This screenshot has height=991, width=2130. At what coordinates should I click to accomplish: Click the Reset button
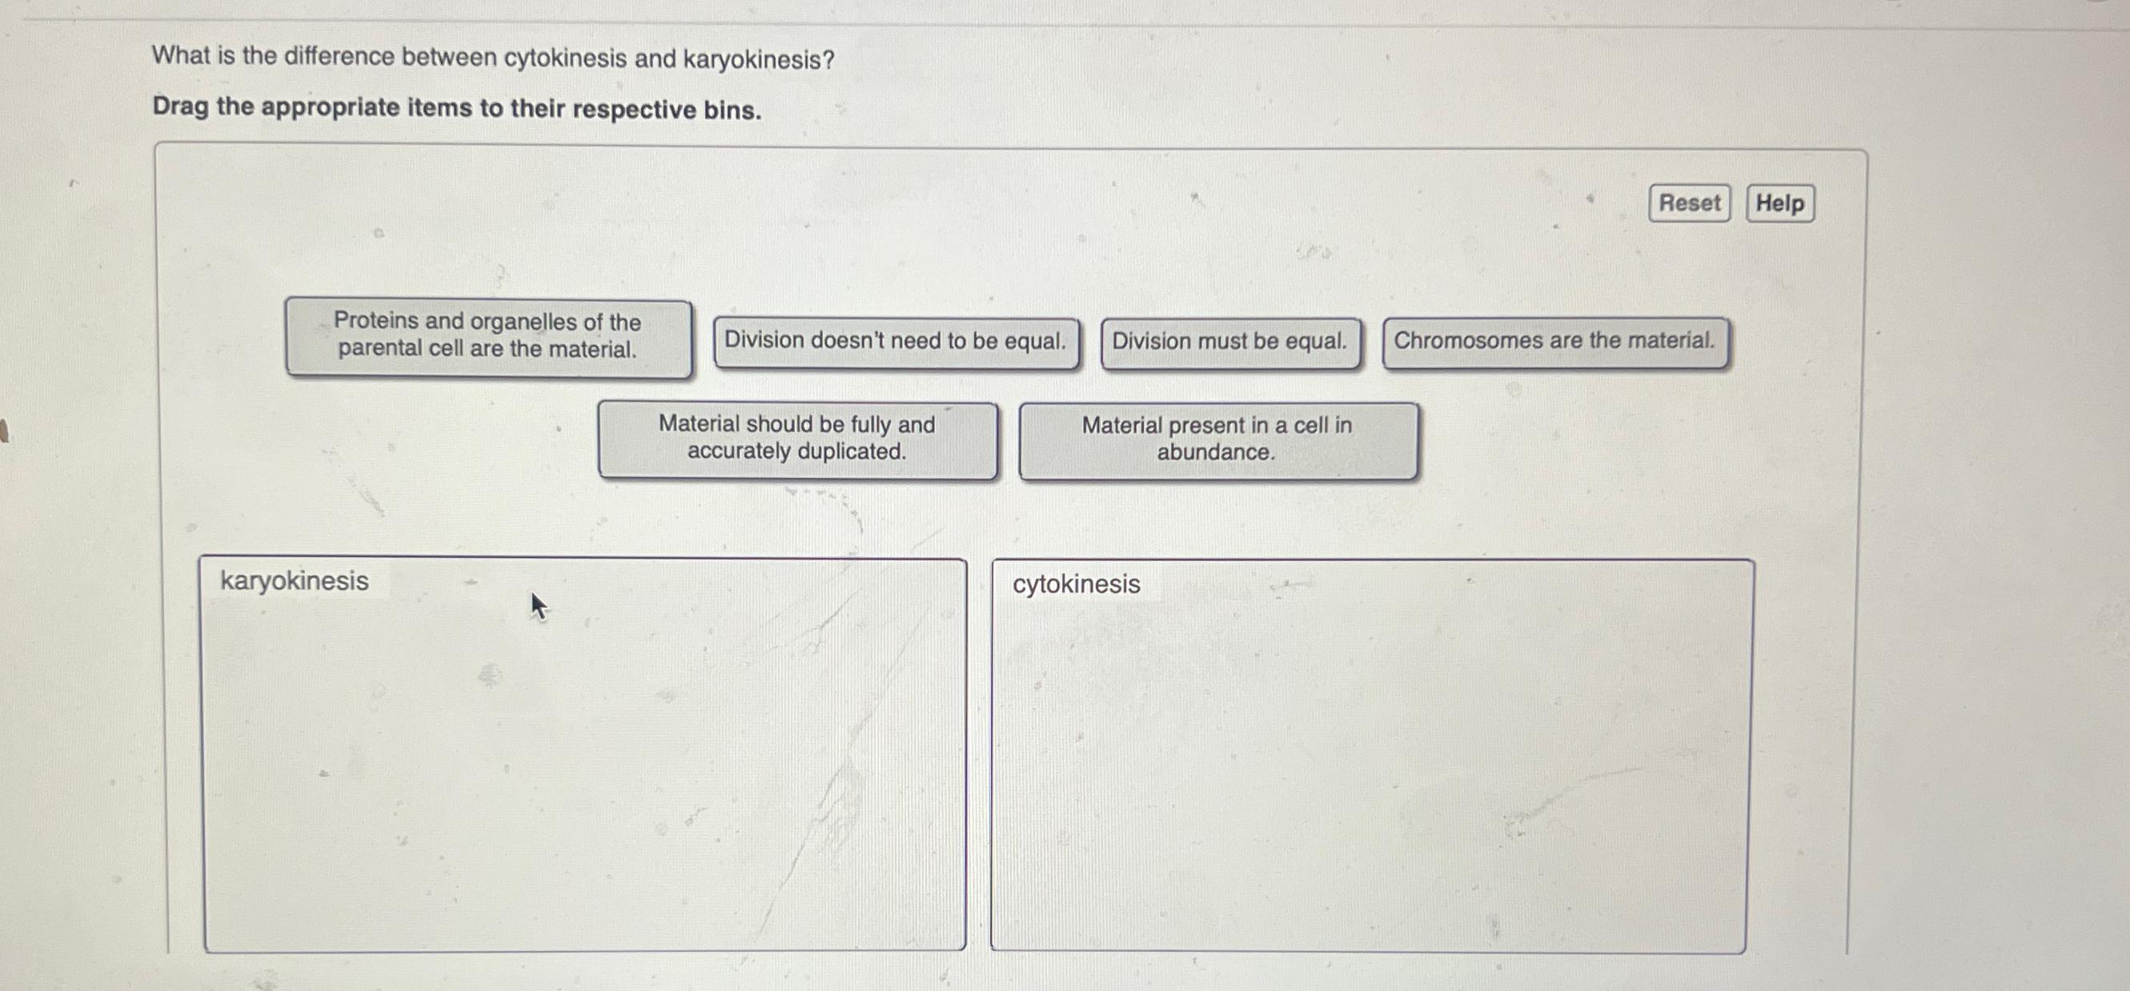coord(1688,203)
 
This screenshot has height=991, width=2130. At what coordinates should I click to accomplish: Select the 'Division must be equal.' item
coord(1229,342)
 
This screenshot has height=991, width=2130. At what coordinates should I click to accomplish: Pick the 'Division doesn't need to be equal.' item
coord(896,342)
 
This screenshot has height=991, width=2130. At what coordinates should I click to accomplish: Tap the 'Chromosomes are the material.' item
coord(1554,341)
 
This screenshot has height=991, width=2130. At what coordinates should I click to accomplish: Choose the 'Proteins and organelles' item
coord(487,337)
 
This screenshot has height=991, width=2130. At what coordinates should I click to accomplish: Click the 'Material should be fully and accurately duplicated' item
coord(797,439)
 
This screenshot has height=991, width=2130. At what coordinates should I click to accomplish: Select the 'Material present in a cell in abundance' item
coord(1217,439)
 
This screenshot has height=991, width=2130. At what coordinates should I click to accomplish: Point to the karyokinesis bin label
coord(295,580)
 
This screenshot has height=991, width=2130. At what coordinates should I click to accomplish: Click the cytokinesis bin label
coord(1076,584)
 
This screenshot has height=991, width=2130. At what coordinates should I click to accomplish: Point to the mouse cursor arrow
coord(537,605)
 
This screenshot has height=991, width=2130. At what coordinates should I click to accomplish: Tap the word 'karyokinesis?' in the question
coord(758,59)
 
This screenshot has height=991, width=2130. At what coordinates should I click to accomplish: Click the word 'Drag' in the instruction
coord(180,106)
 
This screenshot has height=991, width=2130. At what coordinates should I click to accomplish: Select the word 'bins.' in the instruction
coord(732,110)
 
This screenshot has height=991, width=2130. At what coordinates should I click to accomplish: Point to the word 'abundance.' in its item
coord(1216,452)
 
